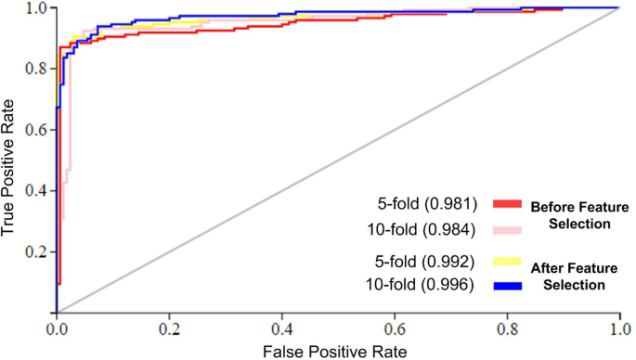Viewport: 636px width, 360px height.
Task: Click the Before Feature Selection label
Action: coord(579,214)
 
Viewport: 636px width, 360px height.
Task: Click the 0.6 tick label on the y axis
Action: coord(35,130)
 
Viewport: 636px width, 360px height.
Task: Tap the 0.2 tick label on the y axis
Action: coord(35,252)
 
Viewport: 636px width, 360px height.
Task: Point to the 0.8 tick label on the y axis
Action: coord(35,69)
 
